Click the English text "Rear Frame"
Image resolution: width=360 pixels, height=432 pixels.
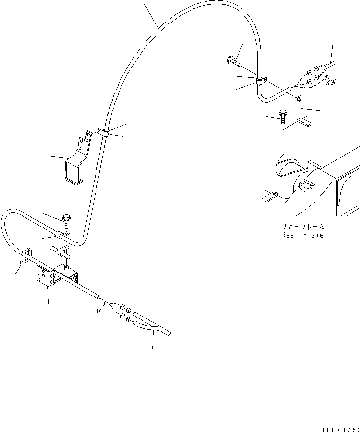pyautogui.click(x=302, y=235)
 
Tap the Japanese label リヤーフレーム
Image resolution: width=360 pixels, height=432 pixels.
pyautogui.click(x=303, y=227)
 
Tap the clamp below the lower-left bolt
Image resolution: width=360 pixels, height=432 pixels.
pyautogui.click(x=62, y=236)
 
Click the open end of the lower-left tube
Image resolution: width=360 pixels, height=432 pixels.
pyautogui.click(x=99, y=296)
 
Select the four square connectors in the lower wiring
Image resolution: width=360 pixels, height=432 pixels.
pyautogui.click(x=124, y=314)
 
